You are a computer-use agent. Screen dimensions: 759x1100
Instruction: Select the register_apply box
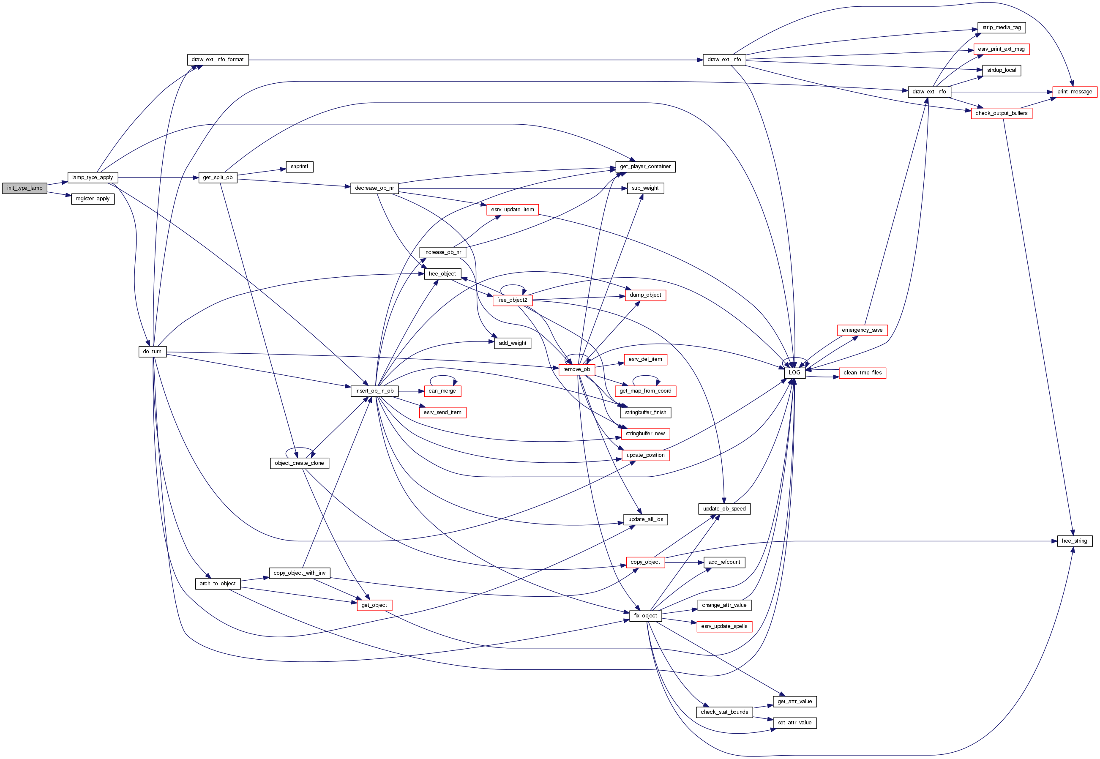[93, 199]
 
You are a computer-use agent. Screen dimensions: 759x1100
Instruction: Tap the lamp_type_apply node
[92, 177]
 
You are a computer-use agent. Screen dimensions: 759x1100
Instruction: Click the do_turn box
[152, 352]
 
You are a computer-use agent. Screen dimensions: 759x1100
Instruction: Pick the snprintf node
[299, 167]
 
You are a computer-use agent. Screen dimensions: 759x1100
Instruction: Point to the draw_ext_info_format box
[217, 60]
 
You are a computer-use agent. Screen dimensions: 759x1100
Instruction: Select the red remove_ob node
[576, 369]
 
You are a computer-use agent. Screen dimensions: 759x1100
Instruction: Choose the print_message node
[1074, 92]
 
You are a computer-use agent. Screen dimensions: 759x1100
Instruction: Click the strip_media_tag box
[1001, 27]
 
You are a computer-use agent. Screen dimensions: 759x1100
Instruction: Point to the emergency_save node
[862, 330]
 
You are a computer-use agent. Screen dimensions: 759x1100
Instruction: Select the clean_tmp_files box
[862, 373]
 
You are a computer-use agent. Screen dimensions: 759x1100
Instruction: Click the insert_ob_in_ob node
[374, 391]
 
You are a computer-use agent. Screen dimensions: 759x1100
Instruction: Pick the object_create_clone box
[299, 463]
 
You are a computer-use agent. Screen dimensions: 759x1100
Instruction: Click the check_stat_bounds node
[724, 712]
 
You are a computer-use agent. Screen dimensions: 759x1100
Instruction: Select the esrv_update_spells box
[724, 626]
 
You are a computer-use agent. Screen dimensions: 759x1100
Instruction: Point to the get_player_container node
[645, 167]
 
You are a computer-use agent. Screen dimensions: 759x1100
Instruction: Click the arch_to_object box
[217, 584]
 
